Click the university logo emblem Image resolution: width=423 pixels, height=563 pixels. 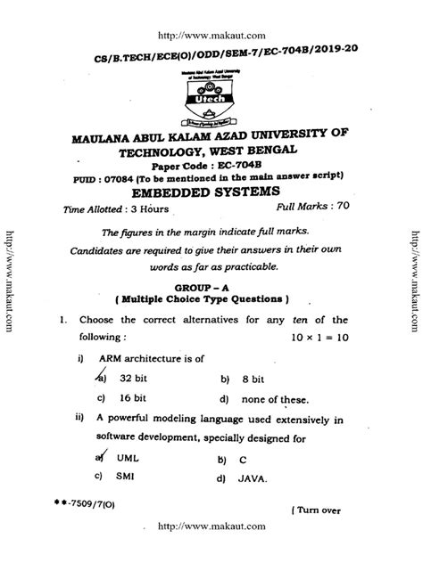(x=211, y=102)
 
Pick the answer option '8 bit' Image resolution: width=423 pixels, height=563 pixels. (x=250, y=378)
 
